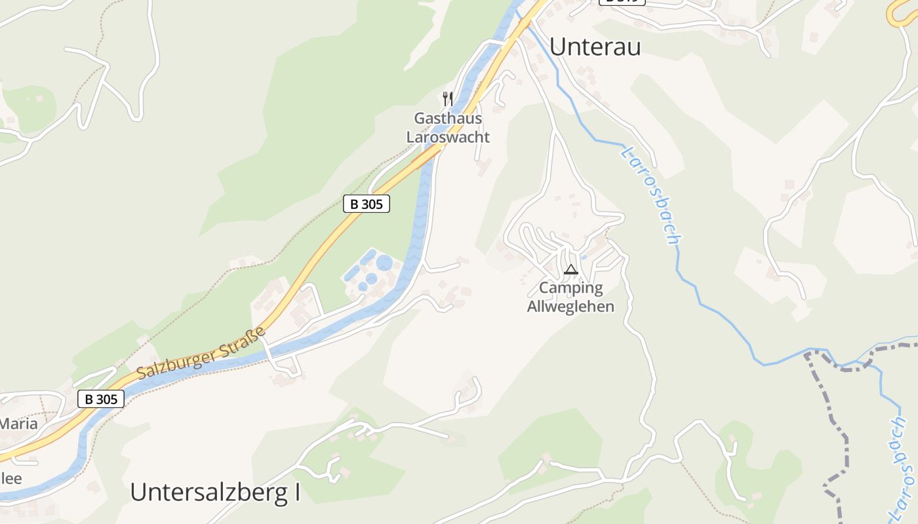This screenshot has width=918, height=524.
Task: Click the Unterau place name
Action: (595, 47)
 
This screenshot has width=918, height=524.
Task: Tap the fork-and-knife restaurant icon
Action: (448, 99)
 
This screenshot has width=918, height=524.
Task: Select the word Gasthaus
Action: (448, 119)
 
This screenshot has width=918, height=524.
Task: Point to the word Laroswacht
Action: (448, 138)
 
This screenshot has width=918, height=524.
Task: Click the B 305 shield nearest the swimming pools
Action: (367, 204)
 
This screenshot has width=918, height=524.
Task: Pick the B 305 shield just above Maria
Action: (101, 398)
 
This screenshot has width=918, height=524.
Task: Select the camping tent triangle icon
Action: (571, 269)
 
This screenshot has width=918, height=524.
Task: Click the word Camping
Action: (570, 288)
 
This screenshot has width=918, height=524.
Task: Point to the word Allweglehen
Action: (570, 306)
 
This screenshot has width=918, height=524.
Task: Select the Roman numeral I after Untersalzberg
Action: (296, 492)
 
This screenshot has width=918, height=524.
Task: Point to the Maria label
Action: (18, 424)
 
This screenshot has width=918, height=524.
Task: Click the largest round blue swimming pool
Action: (384, 263)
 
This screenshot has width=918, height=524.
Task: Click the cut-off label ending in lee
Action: (10, 478)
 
